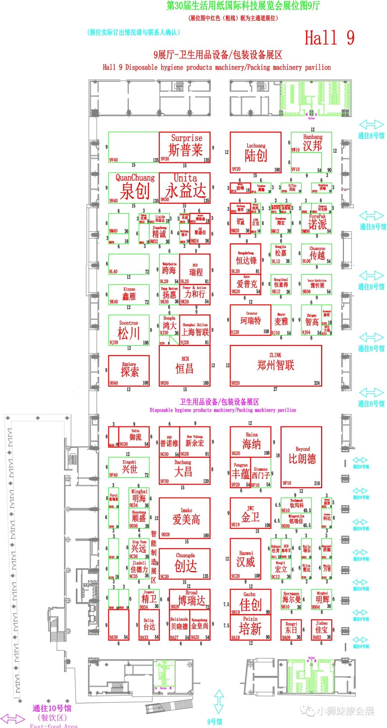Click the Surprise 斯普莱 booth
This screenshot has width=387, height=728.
[x=185, y=147]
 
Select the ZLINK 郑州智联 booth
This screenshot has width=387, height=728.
[x=276, y=365]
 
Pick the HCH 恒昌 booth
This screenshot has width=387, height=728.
[x=185, y=366]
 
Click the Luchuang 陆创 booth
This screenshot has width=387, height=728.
[x=255, y=152]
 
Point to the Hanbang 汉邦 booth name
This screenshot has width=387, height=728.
[x=312, y=143]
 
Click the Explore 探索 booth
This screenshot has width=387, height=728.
[x=129, y=370]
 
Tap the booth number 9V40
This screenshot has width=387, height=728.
[x=114, y=160]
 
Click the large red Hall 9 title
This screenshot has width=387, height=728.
[x=329, y=38]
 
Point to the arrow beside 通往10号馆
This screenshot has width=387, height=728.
[x=13, y=719]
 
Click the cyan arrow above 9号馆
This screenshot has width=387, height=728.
[x=219, y=701]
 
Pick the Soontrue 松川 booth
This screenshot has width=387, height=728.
[x=129, y=331]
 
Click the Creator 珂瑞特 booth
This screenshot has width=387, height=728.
[x=250, y=320]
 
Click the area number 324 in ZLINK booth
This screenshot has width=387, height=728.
[x=317, y=383]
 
